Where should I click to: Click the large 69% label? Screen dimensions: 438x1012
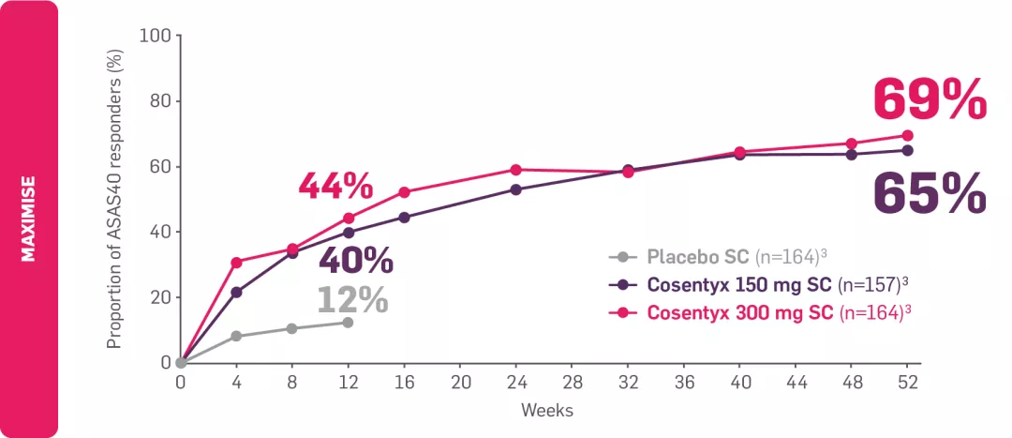(930, 99)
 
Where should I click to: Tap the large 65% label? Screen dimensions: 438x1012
(930, 193)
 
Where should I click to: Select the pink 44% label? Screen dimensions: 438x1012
(335, 186)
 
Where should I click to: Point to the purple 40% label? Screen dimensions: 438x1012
(356, 261)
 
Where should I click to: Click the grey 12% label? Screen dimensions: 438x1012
(351, 300)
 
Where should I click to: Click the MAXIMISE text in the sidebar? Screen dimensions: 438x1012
(29, 219)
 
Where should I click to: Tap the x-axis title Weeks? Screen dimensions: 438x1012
(547, 410)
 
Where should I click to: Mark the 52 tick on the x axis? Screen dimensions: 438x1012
(907, 383)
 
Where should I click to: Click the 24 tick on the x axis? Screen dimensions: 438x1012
(516, 383)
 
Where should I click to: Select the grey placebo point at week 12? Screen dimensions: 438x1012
(348, 323)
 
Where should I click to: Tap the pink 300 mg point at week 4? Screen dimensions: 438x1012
(236, 263)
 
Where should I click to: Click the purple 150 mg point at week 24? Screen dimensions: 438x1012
(516, 189)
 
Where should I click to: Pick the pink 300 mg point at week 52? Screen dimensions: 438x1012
(907, 135)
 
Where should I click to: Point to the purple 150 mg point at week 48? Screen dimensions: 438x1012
(851, 154)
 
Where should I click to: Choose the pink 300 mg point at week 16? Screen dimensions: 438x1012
(404, 192)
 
